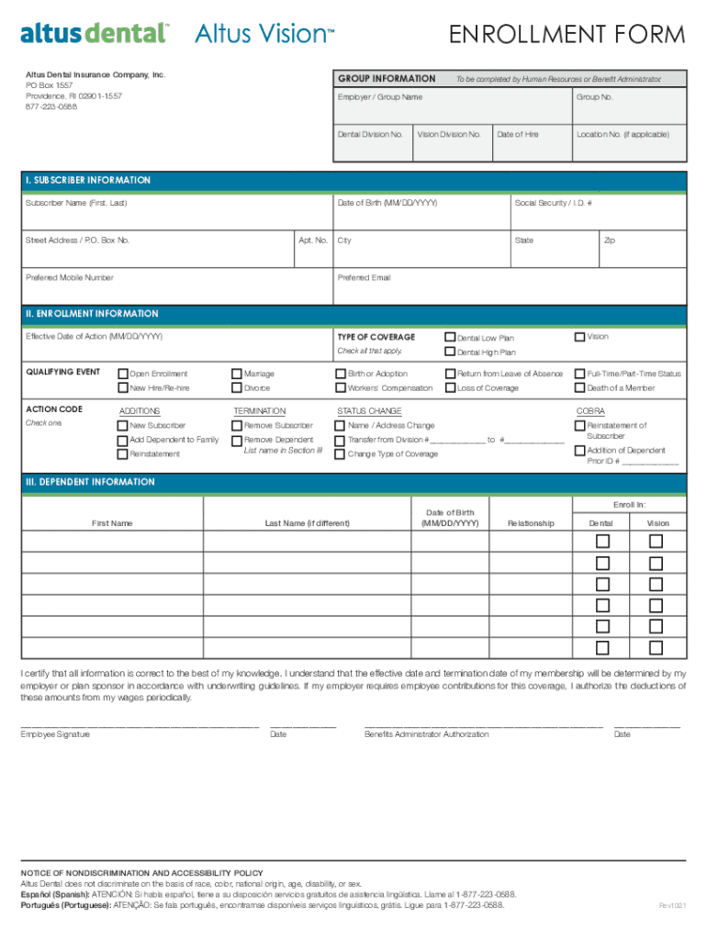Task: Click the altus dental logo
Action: click(x=95, y=34)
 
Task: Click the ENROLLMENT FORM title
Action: click(x=567, y=36)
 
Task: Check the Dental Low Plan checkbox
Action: click(x=451, y=338)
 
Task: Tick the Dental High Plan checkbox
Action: click(x=451, y=352)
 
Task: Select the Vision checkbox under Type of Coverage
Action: click(x=580, y=337)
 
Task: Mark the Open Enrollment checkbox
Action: click(x=123, y=374)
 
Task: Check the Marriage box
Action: click(x=237, y=374)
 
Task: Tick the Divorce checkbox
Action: click(x=237, y=388)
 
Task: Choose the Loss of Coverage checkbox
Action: click(x=451, y=388)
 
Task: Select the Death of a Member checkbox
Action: click(x=580, y=388)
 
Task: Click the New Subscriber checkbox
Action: click(x=123, y=426)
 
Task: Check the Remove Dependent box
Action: click(x=237, y=441)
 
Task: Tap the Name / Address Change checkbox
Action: click(x=342, y=426)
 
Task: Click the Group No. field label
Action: click(x=594, y=96)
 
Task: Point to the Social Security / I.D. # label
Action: click(x=553, y=202)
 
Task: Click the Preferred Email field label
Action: click(x=364, y=277)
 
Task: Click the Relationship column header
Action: click(x=531, y=523)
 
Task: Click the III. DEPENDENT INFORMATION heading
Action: click(x=89, y=482)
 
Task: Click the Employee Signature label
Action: click(x=55, y=734)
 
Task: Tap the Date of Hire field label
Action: click(x=518, y=134)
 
